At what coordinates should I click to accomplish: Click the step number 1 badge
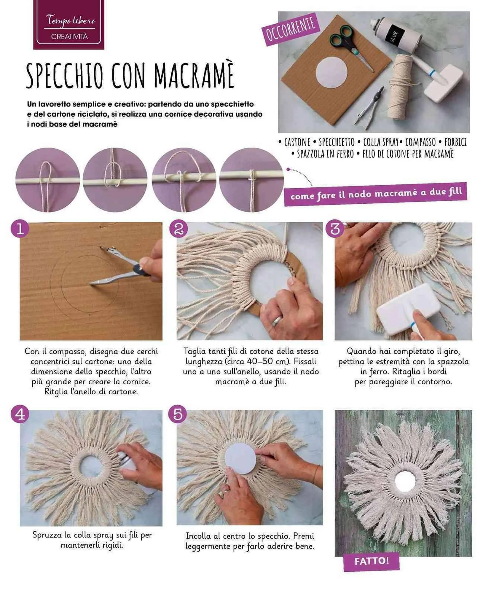pos(20,229)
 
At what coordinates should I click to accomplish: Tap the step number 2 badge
pos(178,229)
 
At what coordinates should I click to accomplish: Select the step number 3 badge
pos(335,229)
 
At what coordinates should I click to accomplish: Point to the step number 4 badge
pos(20,414)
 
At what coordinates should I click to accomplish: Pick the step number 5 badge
pos(178,414)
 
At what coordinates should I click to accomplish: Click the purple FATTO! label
pos(371,561)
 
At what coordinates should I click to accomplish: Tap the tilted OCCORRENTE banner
pos(290,29)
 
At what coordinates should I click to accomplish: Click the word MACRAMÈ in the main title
pos(194,75)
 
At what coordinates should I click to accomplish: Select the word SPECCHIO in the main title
pos(65,76)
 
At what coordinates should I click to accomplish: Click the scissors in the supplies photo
pos(351,45)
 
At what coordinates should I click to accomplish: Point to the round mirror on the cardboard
pos(331,72)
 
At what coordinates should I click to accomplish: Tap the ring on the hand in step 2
pos(278,321)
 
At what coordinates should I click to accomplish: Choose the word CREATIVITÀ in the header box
pos(69,36)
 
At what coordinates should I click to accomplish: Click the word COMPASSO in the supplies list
pos(420,142)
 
